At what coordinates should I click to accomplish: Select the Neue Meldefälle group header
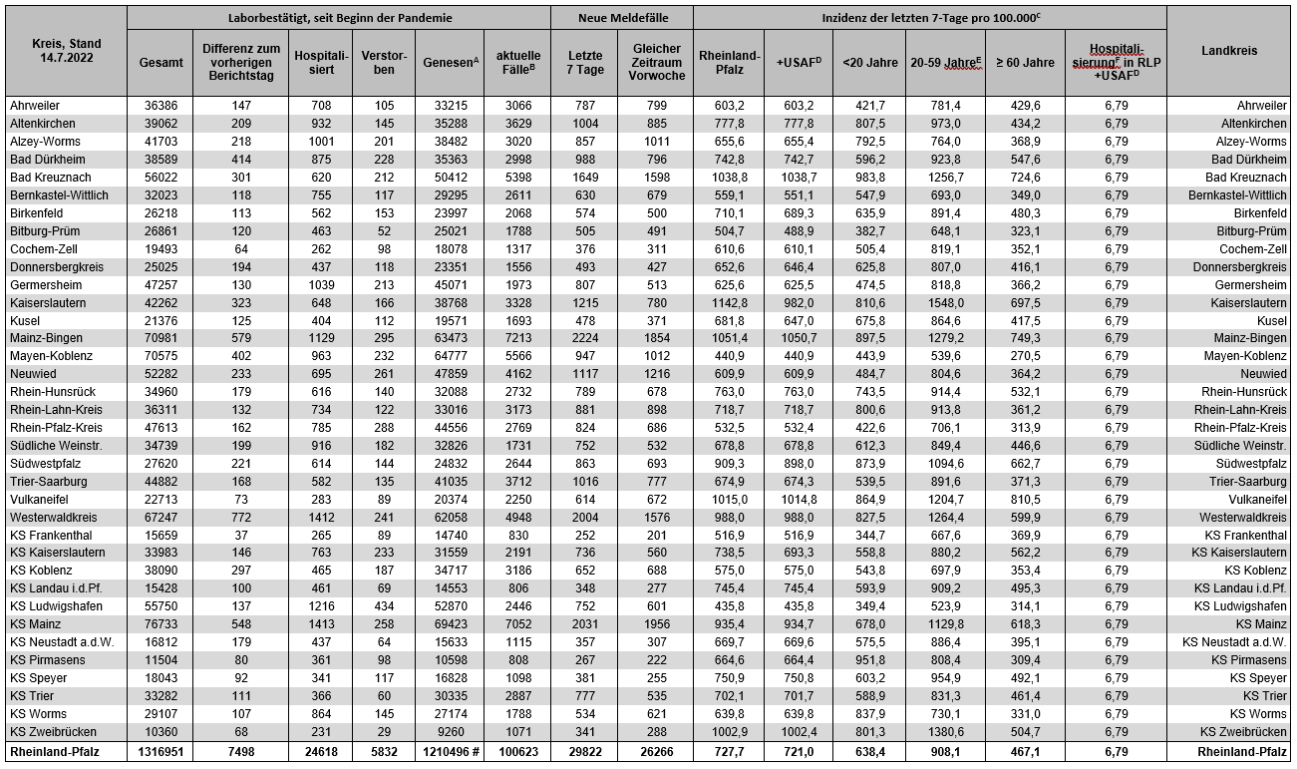tap(621, 18)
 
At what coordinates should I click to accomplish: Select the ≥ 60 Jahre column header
tap(1024, 62)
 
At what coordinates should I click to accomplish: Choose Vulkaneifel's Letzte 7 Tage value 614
tap(584, 500)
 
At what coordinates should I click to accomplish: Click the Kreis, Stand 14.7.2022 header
tap(65, 51)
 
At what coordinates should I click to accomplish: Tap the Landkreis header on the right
tap(1228, 51)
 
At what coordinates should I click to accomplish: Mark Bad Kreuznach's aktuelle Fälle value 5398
tap(518, 177)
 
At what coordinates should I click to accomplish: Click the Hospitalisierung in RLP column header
tap(1115, 62)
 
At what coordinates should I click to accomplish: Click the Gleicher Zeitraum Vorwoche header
tap(655, 62)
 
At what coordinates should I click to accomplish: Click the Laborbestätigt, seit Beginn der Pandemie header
tap(339, 18)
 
